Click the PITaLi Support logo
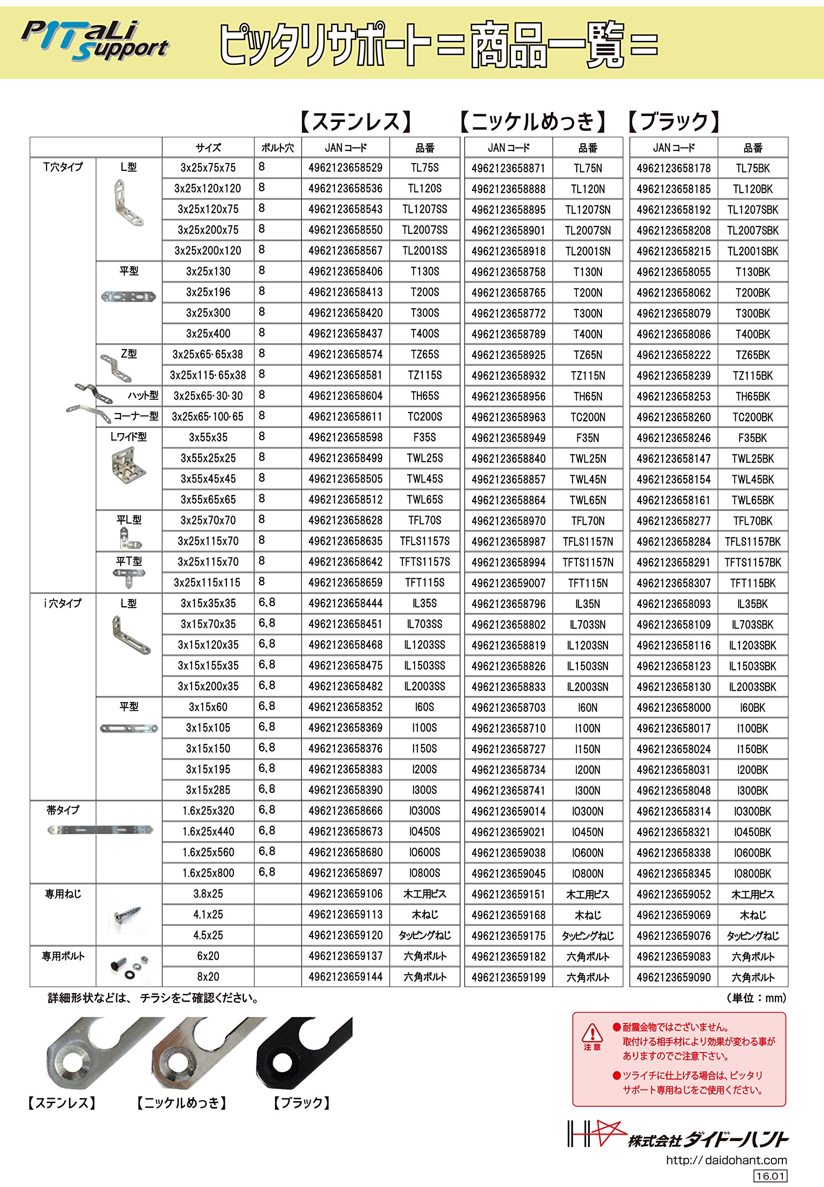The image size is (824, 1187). click(x=96, y=41)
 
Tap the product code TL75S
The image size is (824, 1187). click(x=424, y=168)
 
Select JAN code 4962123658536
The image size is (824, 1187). click(x=345, y=188)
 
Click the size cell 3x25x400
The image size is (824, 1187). click(x=208, y=333)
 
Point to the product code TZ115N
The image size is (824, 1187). click(x=588, y=376)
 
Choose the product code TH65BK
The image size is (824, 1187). click(x=752, y=396)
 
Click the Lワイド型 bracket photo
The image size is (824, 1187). click(x=128, y=467)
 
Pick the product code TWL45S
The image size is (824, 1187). click(x=424, y=479)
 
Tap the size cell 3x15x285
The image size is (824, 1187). click(x=208, y=790)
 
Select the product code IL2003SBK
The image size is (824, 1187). click(x=752, y=687)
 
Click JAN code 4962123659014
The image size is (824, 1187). click(x=509, y=810)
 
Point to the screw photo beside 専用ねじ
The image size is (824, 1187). click(x=128, y=915)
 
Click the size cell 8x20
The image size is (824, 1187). click(x=208, y=976)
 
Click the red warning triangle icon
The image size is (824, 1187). click(x=592, y=1033)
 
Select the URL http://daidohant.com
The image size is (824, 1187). click(x=726, y=1160)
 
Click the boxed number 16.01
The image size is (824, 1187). click(x=770, y=1176)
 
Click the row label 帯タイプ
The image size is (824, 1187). click(x=63, y=810)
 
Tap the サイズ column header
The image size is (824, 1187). click(x=208, y=147)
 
